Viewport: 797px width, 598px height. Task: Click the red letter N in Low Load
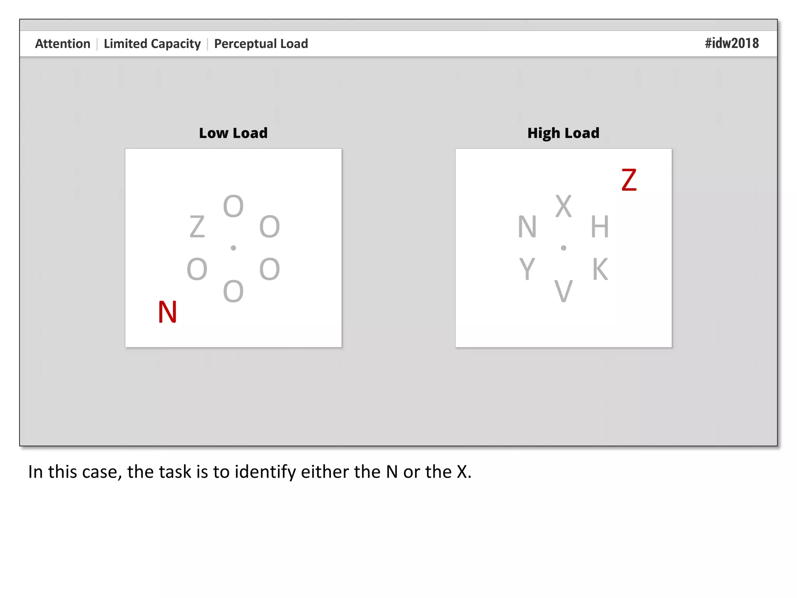pos(168,312)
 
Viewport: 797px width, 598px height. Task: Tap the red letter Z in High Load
pos(629,180)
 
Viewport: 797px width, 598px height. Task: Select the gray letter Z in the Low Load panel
pos(197,227)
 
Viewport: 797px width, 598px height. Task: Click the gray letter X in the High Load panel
pos(564,206)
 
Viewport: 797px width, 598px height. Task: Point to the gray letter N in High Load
pos(527,227)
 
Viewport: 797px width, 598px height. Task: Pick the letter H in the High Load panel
pos(600,227)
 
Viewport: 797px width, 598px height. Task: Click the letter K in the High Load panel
pos(600,269)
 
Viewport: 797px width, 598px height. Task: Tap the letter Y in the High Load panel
pos(527,269)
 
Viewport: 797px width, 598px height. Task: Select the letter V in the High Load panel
pos(564,291)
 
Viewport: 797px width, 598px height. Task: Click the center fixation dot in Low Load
pos(233,248)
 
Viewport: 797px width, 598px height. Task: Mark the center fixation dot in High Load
pos(564,248)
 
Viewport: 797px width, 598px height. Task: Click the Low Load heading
pos(233,133)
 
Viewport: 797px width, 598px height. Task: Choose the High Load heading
pos(563,133)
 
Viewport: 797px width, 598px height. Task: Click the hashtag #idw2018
pos(732,43)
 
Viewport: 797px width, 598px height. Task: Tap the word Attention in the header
pos(63,44)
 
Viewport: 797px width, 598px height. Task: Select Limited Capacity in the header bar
pos(152,44)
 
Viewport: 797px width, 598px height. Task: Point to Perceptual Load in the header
pos(261,44)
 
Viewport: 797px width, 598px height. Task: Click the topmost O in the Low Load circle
pos(233,206)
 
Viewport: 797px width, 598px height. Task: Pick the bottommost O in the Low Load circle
pos(233,291)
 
